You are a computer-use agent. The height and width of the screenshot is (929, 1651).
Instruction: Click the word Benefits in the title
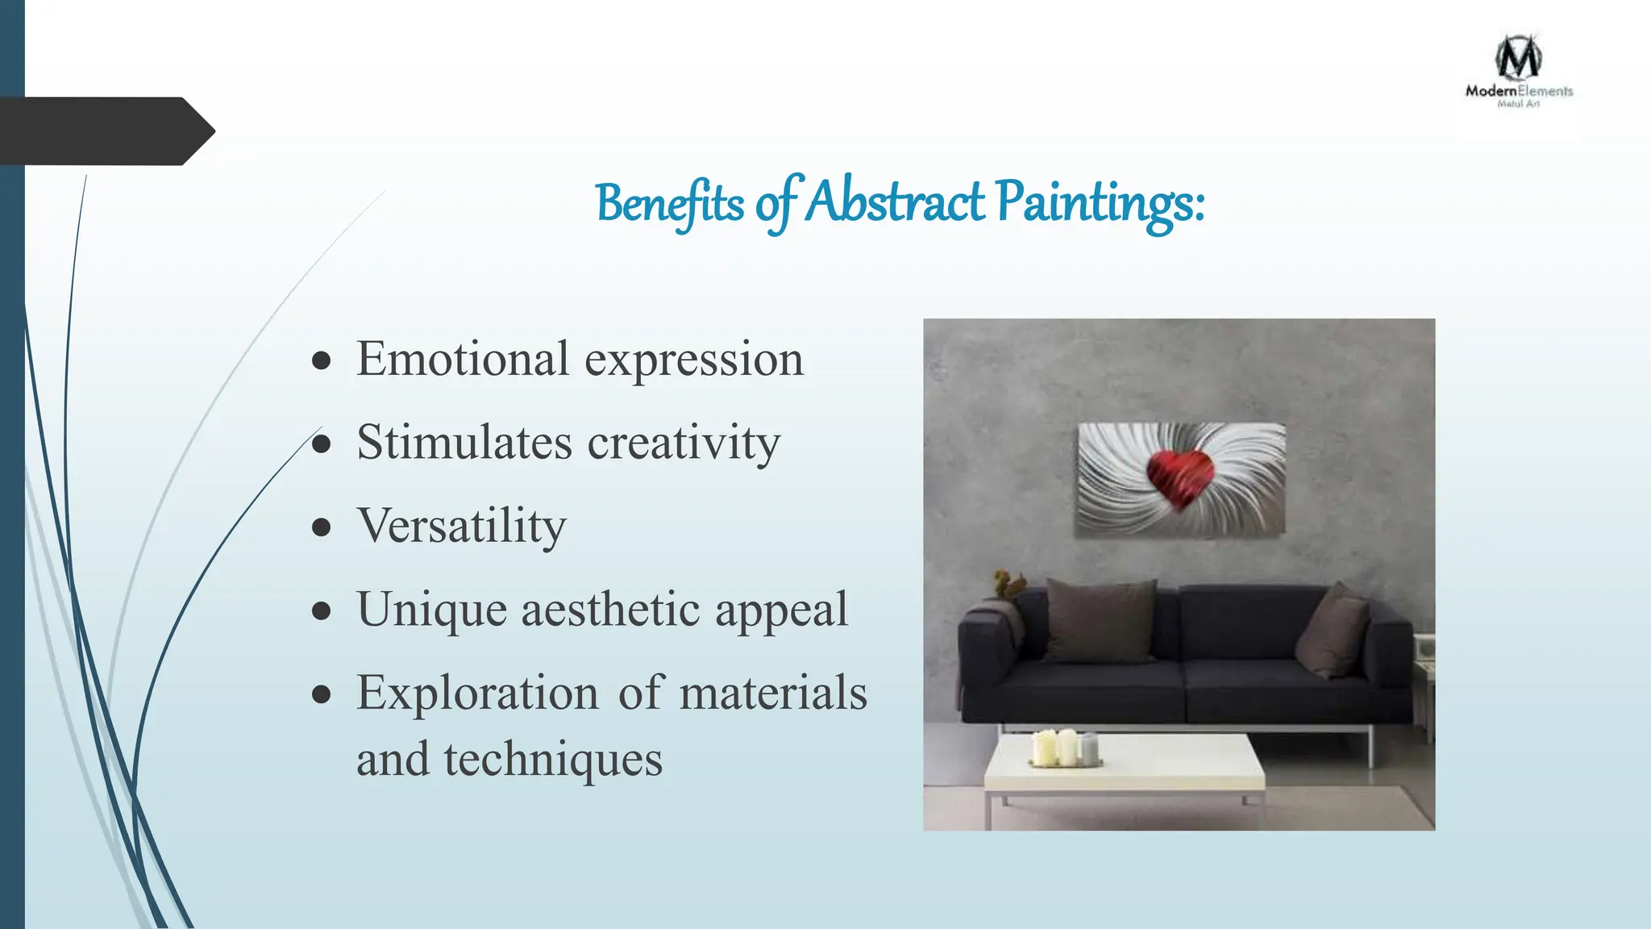(669, 203)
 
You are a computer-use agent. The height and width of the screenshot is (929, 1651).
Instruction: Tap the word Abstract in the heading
(895, 202)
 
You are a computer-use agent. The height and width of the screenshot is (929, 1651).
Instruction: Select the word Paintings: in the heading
(1100, 203)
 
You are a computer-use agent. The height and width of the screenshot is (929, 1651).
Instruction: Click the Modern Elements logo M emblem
(1519, 58)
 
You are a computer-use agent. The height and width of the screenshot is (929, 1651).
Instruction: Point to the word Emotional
(463, 359)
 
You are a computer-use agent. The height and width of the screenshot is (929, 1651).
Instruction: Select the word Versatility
(461, 527)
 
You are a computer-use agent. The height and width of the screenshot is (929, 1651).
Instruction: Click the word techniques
(553, 760)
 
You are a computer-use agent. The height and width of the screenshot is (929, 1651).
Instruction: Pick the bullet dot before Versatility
(322, 527)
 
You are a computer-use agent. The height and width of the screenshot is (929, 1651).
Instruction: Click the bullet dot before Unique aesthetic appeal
(322, 610)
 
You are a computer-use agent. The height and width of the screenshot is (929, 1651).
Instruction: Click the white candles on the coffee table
(1065, 748)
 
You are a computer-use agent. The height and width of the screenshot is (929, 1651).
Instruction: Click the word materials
(772, 694)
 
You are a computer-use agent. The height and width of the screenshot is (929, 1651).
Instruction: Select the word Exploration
(477, 694)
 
